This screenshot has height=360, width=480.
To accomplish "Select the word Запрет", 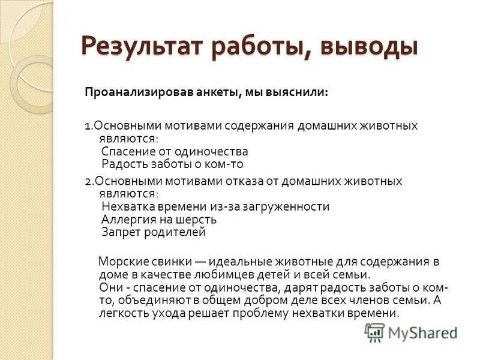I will click(120, 232).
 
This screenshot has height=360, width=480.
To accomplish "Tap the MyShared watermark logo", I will click(411, 332).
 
